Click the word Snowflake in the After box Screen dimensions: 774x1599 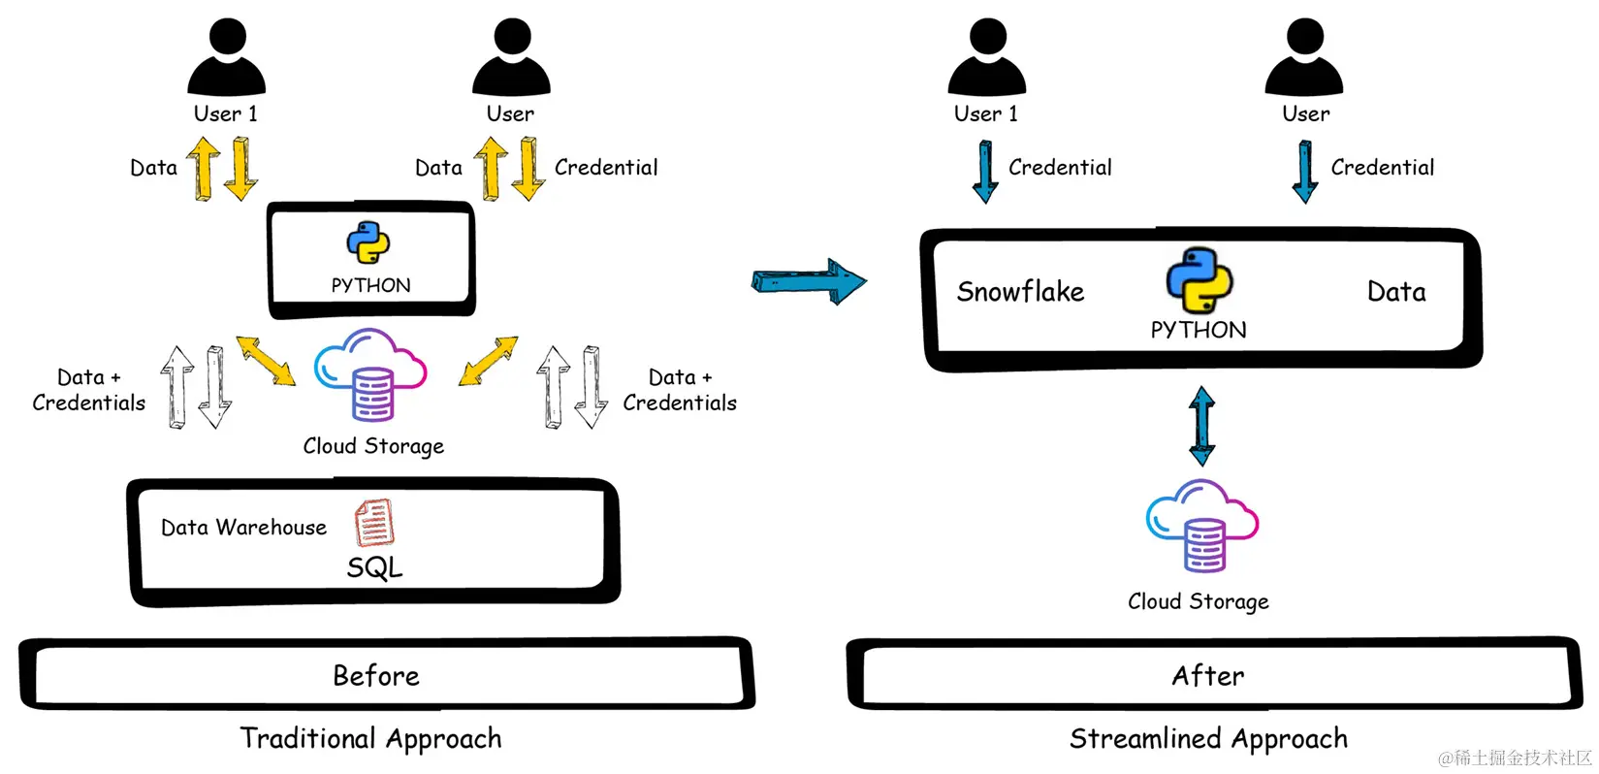1020,292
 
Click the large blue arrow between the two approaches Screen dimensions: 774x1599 809,282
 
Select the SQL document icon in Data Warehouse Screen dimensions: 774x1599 374,523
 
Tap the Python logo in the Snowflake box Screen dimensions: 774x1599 1199,280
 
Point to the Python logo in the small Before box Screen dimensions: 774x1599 368,242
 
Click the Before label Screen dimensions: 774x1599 376,676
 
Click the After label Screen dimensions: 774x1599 1207,676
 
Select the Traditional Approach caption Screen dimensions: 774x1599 370,739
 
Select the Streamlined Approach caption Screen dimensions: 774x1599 1208,739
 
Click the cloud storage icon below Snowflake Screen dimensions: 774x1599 1201,526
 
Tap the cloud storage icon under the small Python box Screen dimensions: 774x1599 370,374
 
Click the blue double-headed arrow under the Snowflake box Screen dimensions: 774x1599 1202,426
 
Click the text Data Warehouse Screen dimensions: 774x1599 243,528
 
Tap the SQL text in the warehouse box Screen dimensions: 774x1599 374,567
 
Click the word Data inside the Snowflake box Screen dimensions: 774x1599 1396,292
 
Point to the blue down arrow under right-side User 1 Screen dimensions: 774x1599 985,172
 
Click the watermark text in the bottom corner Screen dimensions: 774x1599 1515,758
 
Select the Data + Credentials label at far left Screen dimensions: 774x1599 88,390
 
